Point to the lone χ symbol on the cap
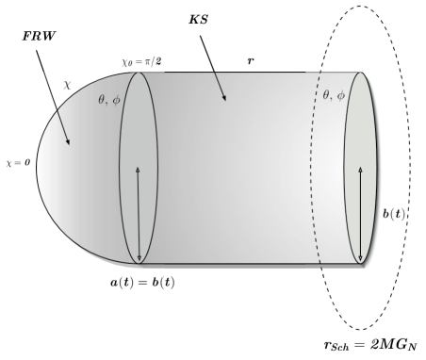click(67, 84)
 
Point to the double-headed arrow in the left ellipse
click(139, 213)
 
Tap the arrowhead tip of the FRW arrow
click(70, 145)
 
